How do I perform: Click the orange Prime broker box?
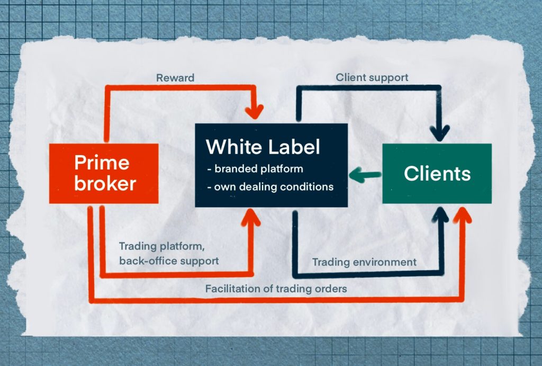(104, 173)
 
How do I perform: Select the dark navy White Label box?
(271, 165)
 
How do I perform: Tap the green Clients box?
(437, 173)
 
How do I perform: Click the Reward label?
(175, 78)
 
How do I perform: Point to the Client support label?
(372, 77)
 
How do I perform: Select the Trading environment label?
(364, 262)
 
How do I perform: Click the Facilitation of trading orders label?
(276, 289)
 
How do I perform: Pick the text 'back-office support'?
(168, 261)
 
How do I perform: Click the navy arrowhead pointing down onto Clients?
(439, 133)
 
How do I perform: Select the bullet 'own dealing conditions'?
(270, 186)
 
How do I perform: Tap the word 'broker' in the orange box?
(105, 184)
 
